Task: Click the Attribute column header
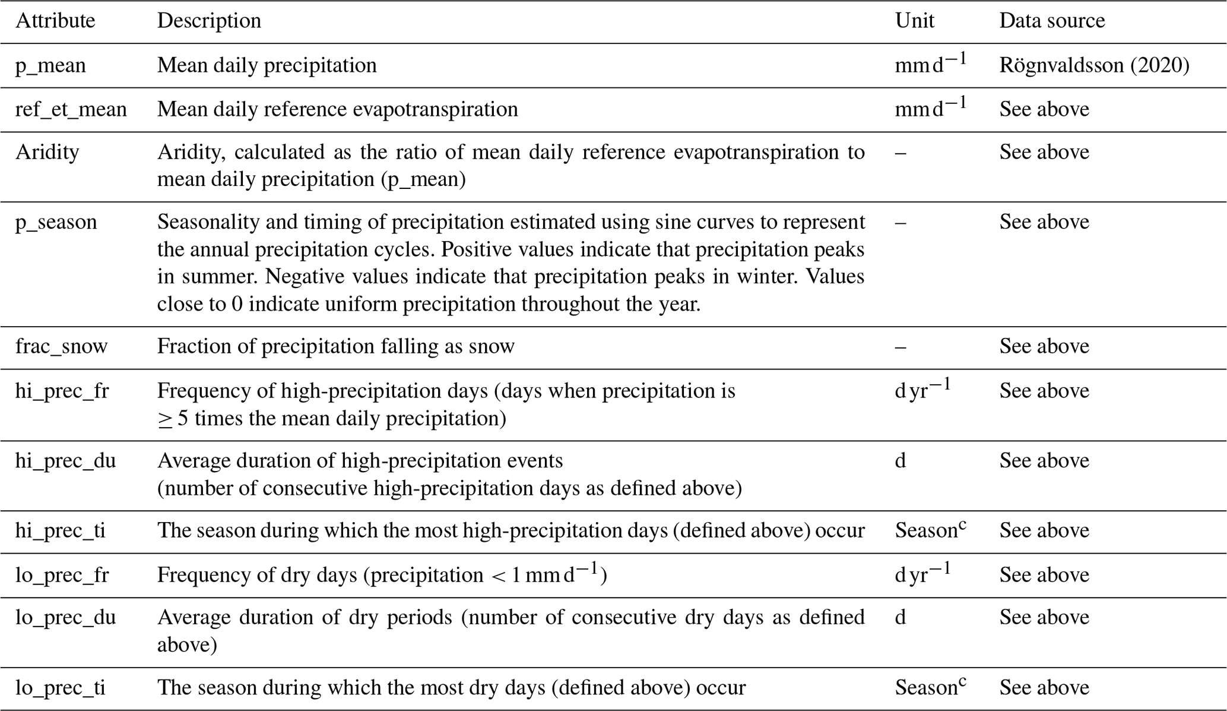(x=55, y=21)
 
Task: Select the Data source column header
(x=1052, y=21)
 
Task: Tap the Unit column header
(x=914, y=21)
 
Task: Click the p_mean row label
(x=50, y=65)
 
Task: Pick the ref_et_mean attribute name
(x=71, y=109)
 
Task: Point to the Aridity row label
(x=47, y=152)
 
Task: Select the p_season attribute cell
(x=56, y=222)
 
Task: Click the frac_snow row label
(x=61, y=346)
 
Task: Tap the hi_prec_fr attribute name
(x=62, y=391)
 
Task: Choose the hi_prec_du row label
(x=65, y=461)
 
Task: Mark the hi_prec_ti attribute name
(x=60, y=530)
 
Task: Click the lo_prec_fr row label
(x=62, y=575)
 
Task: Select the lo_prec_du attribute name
(x=65, y=618)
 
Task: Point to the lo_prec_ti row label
(x=60, y=688)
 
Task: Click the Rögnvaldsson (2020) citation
(x=1094, y=65)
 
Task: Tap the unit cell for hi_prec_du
(x=901, y=461)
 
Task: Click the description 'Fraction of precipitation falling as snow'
(x=335, y=346)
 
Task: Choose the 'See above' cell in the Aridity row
(x=1044, y=152)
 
